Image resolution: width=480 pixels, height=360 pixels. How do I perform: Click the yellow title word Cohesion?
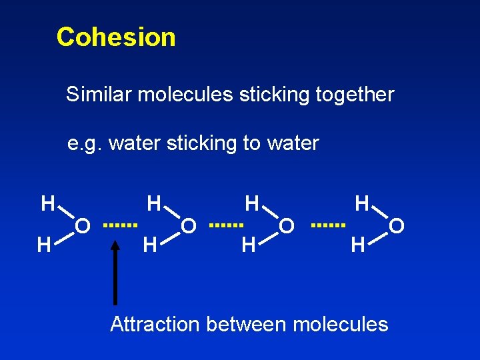[116, 37]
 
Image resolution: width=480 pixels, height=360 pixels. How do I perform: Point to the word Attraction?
[155, 325]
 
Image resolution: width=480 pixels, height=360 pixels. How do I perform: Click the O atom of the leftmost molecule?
[83, 227]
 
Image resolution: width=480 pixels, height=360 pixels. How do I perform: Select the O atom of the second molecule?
[189, 227]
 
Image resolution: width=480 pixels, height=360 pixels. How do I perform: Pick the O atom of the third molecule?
[287, 227]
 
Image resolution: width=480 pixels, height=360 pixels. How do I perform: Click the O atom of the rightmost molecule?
[397, 227]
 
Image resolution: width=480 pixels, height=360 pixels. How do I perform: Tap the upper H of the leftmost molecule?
[47, 203]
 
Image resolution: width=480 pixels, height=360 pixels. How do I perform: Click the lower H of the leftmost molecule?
[44, 245]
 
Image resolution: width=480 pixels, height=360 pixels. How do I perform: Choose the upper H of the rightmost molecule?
[362, 203]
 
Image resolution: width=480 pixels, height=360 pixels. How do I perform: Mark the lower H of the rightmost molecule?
[358, 245]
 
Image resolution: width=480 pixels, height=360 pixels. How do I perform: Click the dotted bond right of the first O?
[120, 225]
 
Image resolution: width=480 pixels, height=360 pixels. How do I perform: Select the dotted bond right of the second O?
[227, 225]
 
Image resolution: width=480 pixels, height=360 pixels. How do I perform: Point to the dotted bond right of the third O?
[329, 225]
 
